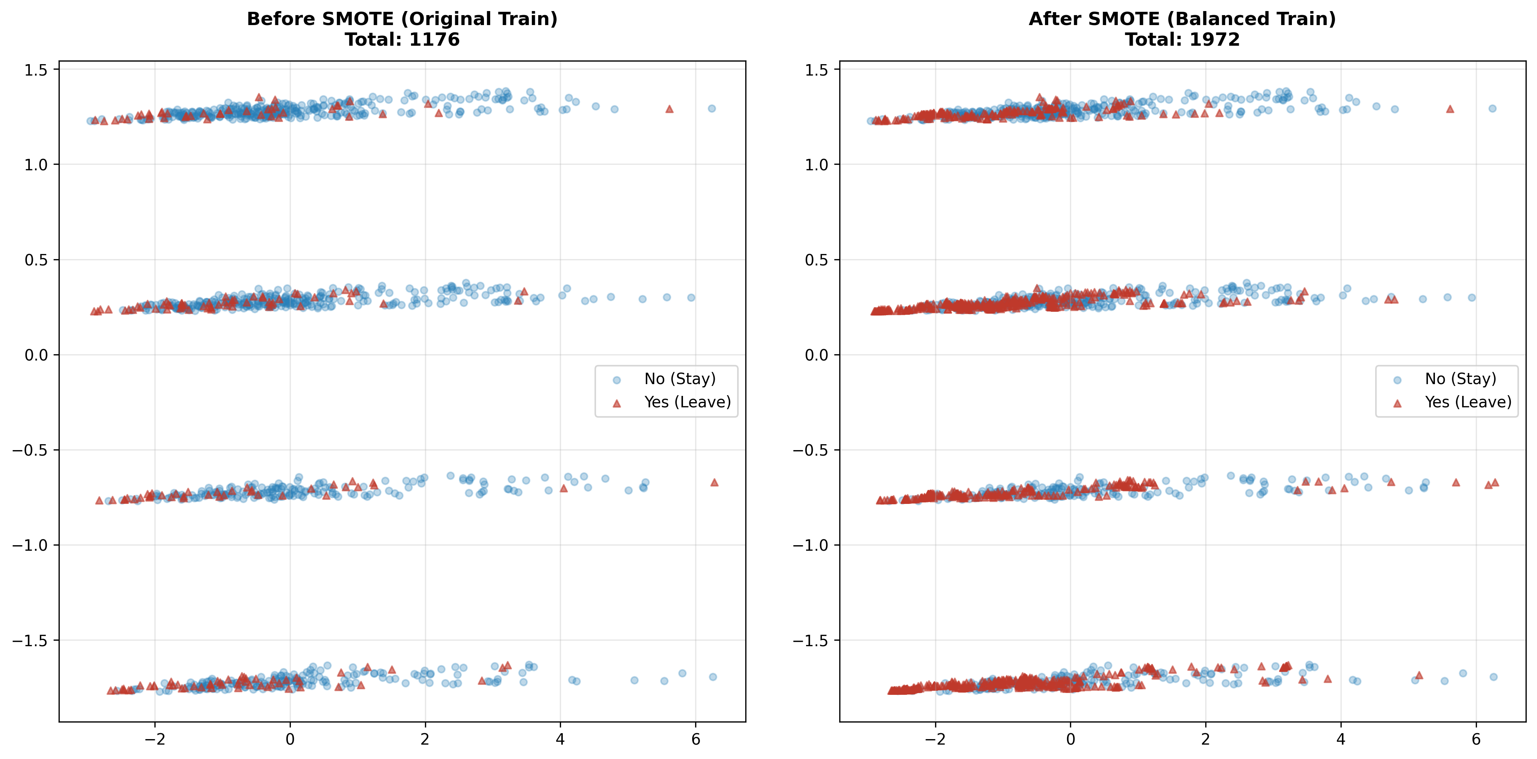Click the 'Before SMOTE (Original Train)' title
(402, 19)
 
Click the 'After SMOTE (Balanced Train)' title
(1182, 19)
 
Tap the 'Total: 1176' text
(402, 40)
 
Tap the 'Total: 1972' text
(1182, 40)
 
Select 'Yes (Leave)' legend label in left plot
(687, 402)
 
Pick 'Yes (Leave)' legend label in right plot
(1468, 402)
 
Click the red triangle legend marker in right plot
(1397, 403)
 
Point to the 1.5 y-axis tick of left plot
(36, 70)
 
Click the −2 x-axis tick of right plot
(935, 739)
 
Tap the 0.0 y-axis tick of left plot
(36, 355)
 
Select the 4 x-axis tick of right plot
(1341, 739)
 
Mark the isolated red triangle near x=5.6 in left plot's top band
(669, 109)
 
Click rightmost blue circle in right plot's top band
(1492, 109)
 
